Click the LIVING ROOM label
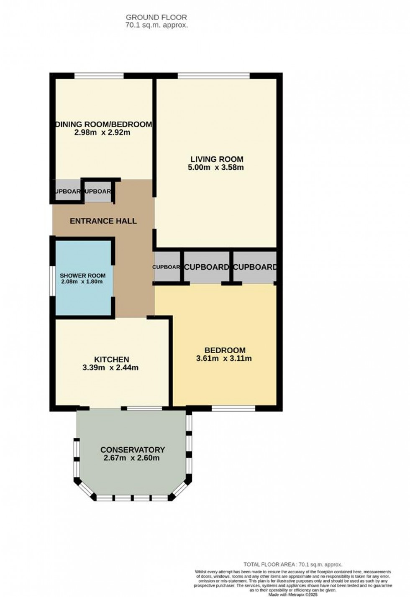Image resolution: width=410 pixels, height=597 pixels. (x=217, y=159)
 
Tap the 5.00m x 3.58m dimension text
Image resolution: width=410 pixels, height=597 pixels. (x=216, y=168)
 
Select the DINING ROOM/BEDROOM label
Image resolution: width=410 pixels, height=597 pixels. (x=104, y=124)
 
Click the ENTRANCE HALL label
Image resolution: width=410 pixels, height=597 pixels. (x=103, y=221)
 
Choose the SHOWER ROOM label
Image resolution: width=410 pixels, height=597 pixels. (x=83, y=276)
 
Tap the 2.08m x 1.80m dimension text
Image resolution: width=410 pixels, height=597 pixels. (x=82, y=282)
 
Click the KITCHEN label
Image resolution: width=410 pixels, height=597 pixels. (x=111, y=360)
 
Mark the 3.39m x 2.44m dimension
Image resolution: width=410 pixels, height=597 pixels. (x=110, y=368)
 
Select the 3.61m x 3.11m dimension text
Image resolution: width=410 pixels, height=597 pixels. (x=224, y=358)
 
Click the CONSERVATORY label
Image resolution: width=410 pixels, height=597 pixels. (x=133, y=450)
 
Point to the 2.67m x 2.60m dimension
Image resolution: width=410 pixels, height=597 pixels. (x=132, y=458)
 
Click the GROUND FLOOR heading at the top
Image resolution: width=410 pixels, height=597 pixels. (x=156, y=18)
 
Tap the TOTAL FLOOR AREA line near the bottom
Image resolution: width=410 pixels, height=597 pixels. (x=293, y=564)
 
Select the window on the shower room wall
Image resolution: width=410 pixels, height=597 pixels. (x=53, y=278)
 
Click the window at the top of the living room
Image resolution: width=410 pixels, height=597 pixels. (x=213, y=76)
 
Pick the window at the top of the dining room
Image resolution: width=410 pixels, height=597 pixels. (x=99, y=76)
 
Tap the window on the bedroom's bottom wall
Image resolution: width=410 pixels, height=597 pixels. (x=233, y=408)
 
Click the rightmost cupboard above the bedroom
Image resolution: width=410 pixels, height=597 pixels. (x=254, y=267)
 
